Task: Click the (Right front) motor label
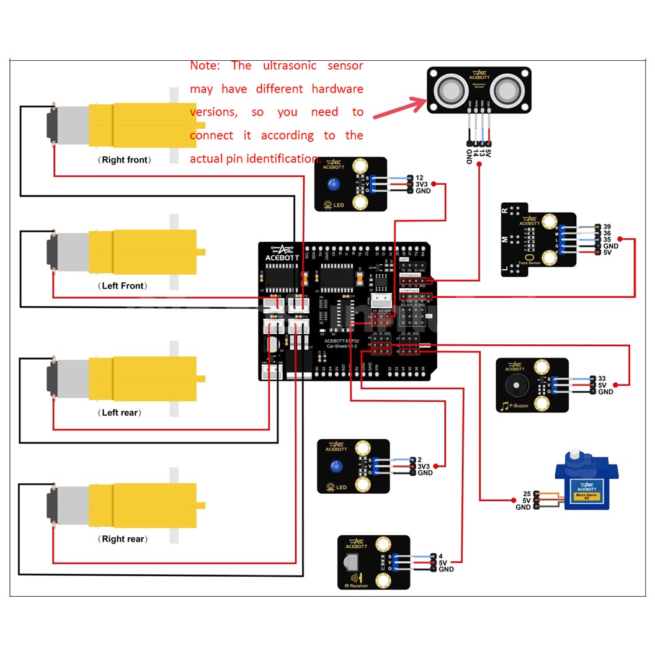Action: click(124, 160)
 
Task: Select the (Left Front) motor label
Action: click(123, 286)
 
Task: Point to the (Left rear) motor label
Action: click(121, 412)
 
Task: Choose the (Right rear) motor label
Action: click(123, 539)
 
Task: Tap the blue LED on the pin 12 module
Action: click(334, 184)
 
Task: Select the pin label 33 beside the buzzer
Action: click(602, 378)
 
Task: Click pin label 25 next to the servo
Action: click(527, 494)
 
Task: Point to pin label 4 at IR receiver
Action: click(441, 556)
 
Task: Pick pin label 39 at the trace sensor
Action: click(607, 227)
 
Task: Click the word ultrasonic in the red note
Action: click(290, 66)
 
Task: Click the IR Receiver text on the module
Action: click(357, 585)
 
